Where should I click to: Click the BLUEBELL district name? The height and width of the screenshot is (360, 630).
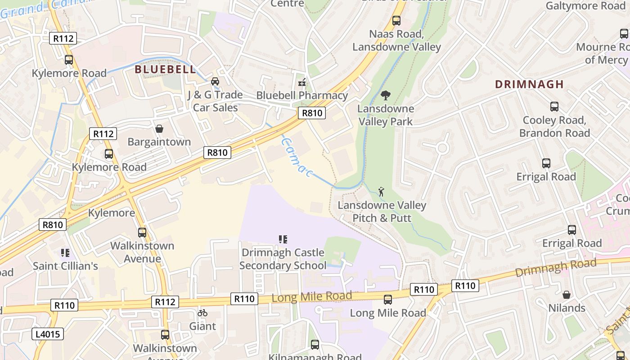tap(166, 69)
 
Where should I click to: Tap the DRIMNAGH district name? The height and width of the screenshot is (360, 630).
tap(529, 84)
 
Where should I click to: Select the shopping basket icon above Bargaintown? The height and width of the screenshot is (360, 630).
tap(159, 129)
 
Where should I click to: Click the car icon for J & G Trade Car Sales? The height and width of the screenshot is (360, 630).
tap(215, 81)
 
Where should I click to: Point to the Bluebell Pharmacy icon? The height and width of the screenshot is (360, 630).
tap(302, 82)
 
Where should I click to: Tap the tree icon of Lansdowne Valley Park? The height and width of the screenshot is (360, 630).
tap(385, 95)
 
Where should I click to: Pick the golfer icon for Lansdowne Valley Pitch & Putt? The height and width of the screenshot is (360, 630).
tap(382, 192)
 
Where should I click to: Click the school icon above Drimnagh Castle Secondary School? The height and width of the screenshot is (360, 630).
tap(283, 239)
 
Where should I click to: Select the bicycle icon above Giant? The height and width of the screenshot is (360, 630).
tap(202, 313)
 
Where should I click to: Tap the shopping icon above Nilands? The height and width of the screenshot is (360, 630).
tap(567, 295)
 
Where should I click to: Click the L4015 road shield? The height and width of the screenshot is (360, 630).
tap(48, 334)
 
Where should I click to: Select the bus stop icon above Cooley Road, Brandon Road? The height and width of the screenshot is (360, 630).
tap(554, 107)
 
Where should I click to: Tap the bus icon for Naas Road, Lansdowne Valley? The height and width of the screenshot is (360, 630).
tap(396, 21)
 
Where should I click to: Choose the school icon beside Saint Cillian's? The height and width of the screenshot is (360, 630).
tap(65, 253)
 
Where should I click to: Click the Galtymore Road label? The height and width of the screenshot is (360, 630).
tap(585, 6)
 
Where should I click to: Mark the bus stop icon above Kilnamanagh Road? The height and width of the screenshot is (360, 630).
tap(315, 345)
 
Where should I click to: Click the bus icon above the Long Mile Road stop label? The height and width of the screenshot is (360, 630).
tap(387, 300)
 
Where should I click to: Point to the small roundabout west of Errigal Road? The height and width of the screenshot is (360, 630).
tap(442, 148)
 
